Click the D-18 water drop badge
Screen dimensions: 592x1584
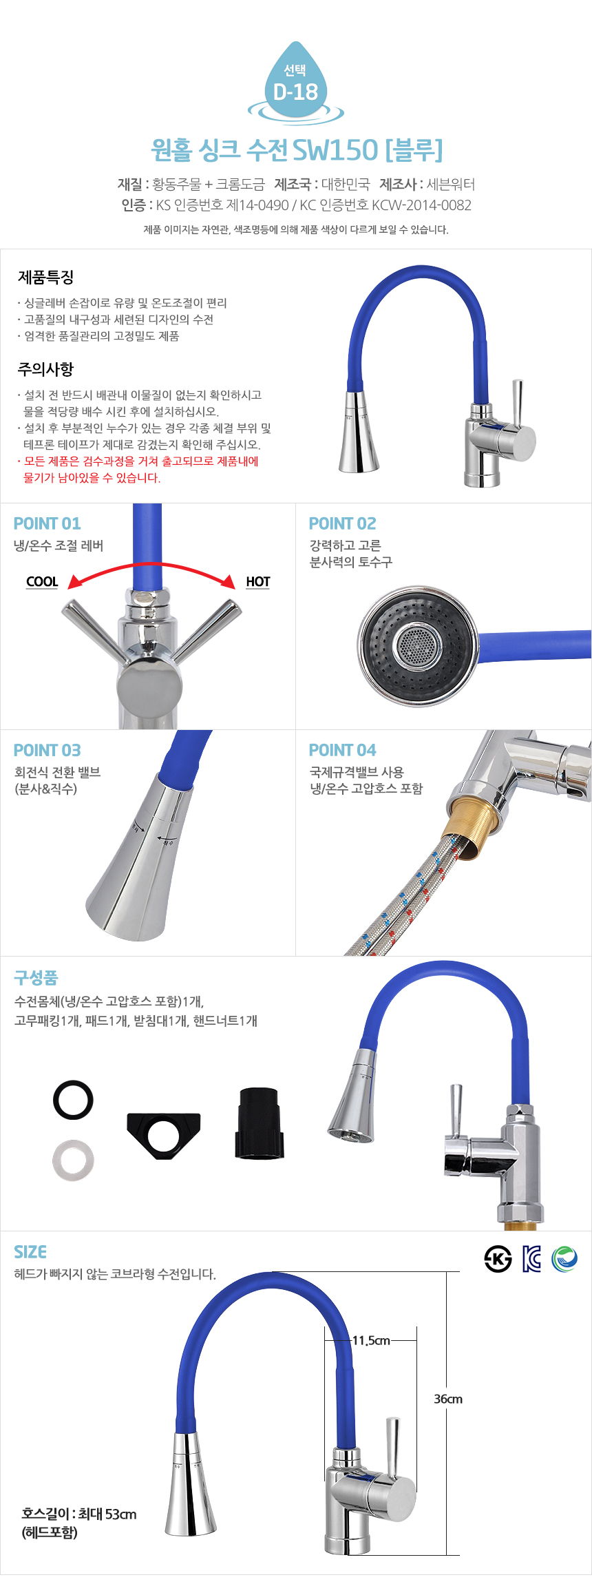295,84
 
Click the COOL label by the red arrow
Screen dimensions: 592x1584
42,582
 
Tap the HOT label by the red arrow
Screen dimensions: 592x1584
258,582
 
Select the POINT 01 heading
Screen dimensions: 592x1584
47,523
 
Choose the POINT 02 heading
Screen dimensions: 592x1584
342,523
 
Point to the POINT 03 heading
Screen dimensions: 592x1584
47,750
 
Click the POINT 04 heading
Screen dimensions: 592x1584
342,750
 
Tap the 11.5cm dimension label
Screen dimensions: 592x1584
371,1340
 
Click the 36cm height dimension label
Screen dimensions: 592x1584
448,1399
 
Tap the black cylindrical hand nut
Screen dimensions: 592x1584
259,1123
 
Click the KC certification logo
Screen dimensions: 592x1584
531,1259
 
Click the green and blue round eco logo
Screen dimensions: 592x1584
564,1259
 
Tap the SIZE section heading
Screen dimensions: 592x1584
30,1252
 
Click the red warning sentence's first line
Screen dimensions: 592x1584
138,461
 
